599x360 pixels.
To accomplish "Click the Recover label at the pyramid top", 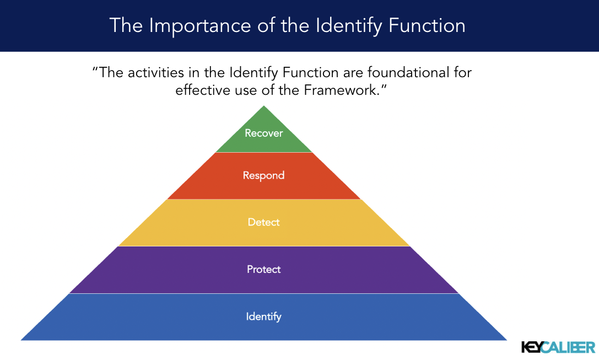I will tap(263, 133).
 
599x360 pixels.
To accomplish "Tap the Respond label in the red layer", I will tap(263, 176).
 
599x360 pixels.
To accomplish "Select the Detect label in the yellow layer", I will tap(263, 222).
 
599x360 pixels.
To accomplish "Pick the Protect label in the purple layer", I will tap(263, 270).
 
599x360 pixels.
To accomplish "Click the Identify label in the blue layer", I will tap(263, 316).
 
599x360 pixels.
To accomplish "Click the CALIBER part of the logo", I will tap(571, 347).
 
